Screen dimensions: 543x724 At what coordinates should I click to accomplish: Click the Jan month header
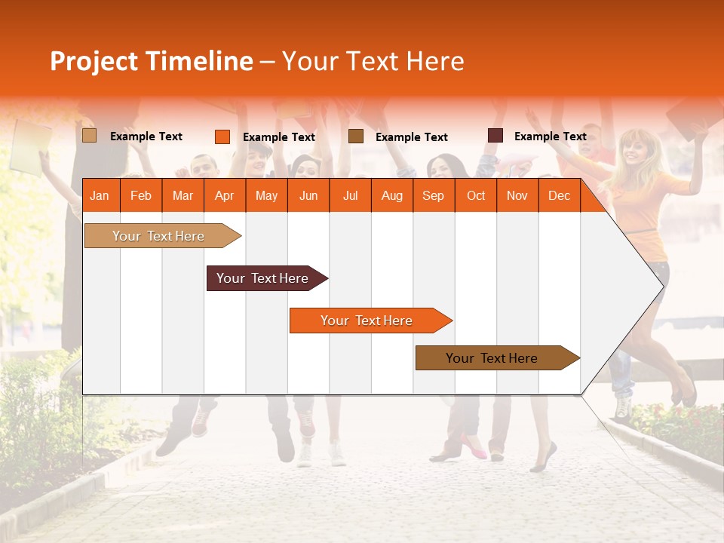100,195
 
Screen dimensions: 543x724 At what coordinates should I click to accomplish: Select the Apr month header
224,195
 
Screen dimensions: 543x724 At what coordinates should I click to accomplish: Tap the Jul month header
350,195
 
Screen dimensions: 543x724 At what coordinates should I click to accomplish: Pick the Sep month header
433,195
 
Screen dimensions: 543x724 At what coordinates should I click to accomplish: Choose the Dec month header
559,195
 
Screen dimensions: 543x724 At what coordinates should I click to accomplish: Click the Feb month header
141,195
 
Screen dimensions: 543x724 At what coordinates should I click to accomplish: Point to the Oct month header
476,195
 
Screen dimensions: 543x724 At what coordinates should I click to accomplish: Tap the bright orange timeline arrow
367,321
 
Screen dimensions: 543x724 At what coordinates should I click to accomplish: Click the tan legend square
89,136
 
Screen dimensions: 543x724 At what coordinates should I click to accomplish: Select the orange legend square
222,137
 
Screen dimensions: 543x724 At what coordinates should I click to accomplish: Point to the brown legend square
356,137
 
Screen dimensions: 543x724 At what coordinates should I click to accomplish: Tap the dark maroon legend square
495,136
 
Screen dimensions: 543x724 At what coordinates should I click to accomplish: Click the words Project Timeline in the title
152,61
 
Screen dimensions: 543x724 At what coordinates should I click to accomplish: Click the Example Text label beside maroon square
550,137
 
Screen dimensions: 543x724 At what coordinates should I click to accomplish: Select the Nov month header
517,195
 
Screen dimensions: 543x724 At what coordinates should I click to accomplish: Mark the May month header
266,195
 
